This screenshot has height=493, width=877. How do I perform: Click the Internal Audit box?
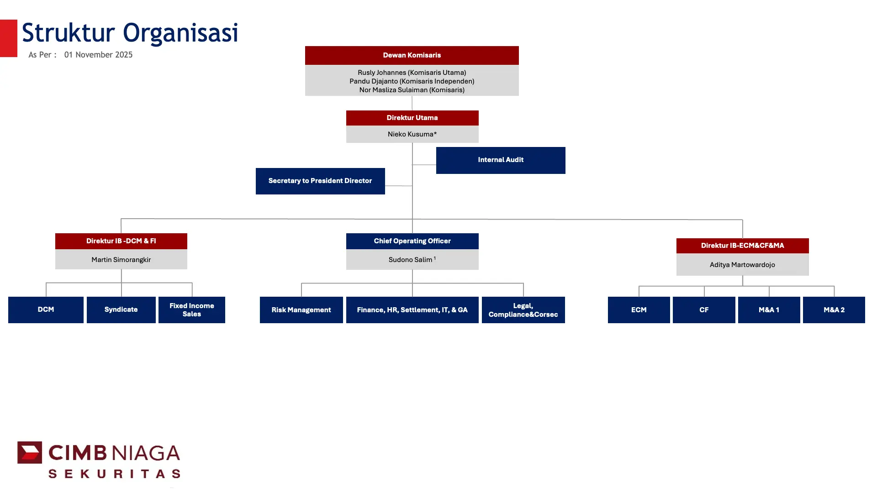[x=501, y=160]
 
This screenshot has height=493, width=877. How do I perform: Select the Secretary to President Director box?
[x=320, y=181]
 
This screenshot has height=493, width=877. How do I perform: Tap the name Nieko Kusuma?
[x=412, y=134]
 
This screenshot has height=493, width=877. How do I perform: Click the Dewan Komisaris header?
[x=412, y=55]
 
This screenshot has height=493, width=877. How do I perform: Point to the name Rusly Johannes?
[x=382, y=73]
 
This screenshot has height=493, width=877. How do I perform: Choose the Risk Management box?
[x=301, y=310]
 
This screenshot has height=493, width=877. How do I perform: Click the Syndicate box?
[x=121, y=310]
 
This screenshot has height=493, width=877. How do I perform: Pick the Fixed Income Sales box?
[x=192, y=310]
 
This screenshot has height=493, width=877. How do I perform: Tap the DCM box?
[x=46, y=310]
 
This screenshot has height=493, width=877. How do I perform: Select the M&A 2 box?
[x=834, y=310]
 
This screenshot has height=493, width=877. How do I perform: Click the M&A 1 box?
[x=769, y=310]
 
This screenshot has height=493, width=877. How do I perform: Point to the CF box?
[x=704, y=310]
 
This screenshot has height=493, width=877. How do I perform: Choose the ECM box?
[x=639, y=310]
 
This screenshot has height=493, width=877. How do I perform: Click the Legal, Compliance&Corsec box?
[x=523, y=310]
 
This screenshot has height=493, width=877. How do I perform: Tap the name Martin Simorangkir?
[x=121, y=260]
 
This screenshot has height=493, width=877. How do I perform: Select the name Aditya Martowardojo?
[x=742, y=265]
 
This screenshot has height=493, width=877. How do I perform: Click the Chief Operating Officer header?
[x=412, y=241]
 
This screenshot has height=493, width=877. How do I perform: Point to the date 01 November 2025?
[x=98, y=55]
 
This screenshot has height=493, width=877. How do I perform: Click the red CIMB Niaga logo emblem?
[x=30, y=452]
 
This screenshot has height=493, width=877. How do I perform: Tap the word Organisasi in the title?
[x=180, y=33]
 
